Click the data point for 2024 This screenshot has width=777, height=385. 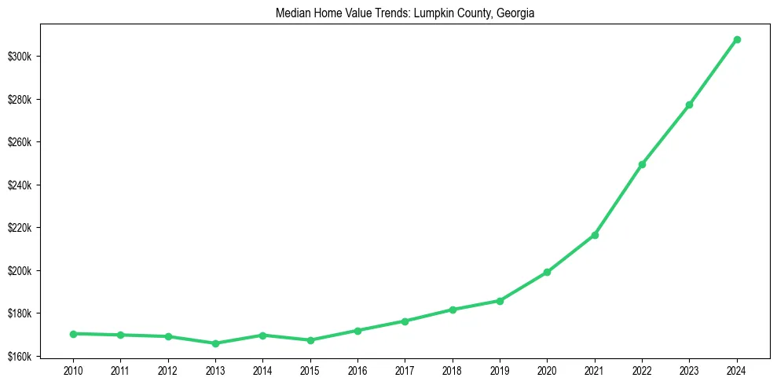737,39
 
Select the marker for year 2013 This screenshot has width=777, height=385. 215,343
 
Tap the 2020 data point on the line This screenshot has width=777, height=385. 547,272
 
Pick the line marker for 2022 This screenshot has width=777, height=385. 642,164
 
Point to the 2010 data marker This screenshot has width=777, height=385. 73,334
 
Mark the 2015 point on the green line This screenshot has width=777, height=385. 310,340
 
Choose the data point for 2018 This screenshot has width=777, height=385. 453,310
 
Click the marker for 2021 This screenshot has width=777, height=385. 595,235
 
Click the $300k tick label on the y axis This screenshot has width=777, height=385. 23,57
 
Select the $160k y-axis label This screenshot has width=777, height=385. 23,357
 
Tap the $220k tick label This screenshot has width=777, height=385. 23,228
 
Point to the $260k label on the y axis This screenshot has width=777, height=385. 23,142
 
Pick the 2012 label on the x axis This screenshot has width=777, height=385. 167,369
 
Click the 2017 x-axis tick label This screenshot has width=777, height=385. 405,369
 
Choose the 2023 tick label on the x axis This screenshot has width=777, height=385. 689,369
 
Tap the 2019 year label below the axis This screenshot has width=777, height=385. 500,369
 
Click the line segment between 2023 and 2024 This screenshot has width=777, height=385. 713,71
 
